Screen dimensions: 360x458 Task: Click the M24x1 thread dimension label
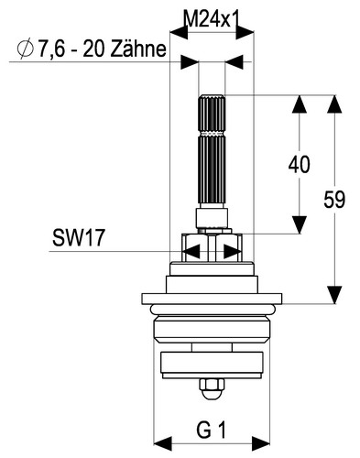[x=212, y=19]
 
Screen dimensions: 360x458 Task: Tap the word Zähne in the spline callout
[x=138, y=49]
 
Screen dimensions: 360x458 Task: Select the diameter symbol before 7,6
[x=25, y=49]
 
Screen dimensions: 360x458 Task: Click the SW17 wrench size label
[x=79, y=238]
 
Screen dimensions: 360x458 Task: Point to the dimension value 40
[x=299, y=165]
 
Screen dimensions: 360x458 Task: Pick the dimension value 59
[x=334, y=200]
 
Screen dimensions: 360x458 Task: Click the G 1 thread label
[x=212, y=431]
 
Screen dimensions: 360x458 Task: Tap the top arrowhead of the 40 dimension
[x=300, y=104]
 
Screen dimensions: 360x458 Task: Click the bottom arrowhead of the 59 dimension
[x=334, y=295]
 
